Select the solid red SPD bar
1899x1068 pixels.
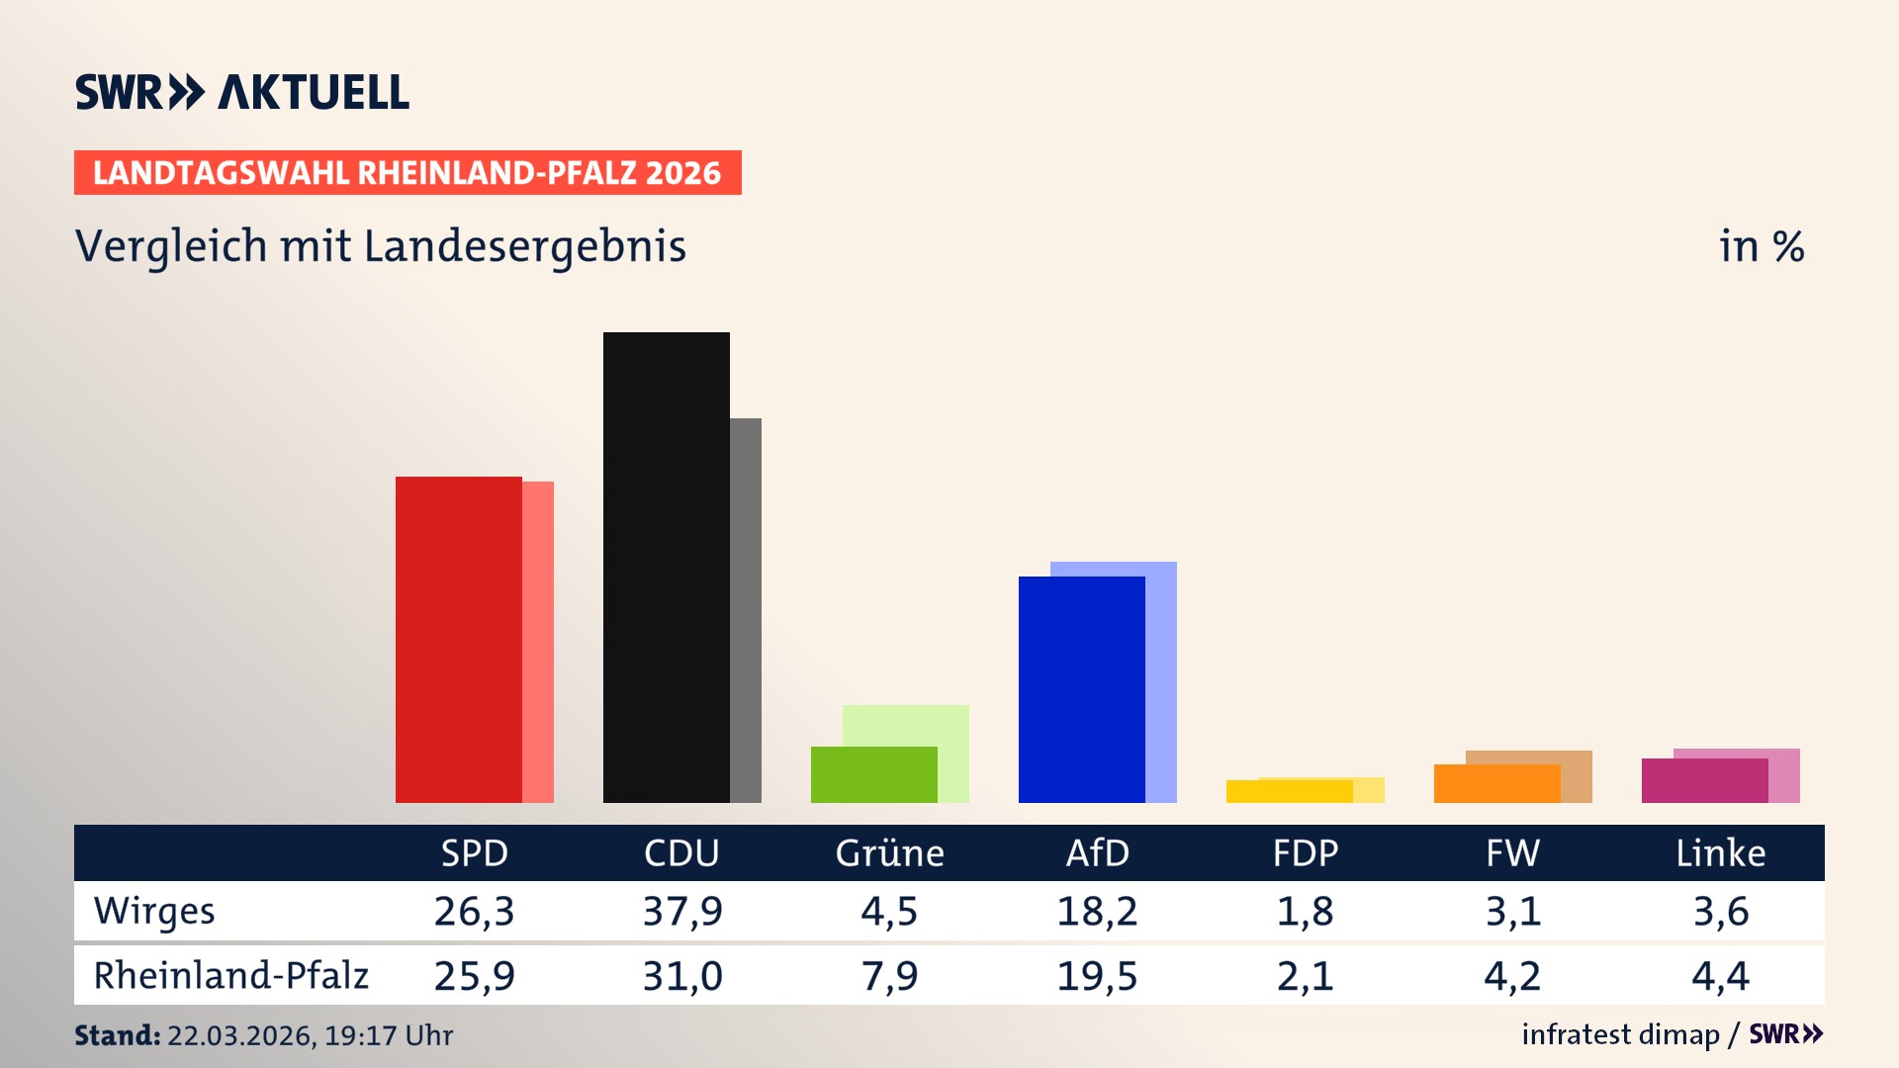[458, 639]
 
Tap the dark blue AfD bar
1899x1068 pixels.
[1081, 689]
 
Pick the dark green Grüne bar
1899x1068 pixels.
[873, 774]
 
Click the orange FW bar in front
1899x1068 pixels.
[1496, 783]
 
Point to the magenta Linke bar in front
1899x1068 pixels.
[1704, 780]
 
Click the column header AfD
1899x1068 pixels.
[1097, 852]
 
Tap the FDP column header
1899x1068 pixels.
[1305, 852]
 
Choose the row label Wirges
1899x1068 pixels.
[154, 911]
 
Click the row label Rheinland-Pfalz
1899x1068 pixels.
[230, 975]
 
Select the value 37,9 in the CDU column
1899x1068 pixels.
[682, 911]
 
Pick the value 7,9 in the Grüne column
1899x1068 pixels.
[889, 976]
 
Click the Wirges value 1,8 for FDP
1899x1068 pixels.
[1305, 911]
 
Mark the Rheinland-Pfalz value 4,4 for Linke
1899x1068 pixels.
[1720, 976]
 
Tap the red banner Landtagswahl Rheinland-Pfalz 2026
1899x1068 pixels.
[407, 173]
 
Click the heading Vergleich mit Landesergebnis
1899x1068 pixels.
[380, 246]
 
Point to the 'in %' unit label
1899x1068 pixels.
[1761, 246]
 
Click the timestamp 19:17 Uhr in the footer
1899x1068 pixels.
[388, 1035]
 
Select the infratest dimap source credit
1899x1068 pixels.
[1620, 1034]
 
